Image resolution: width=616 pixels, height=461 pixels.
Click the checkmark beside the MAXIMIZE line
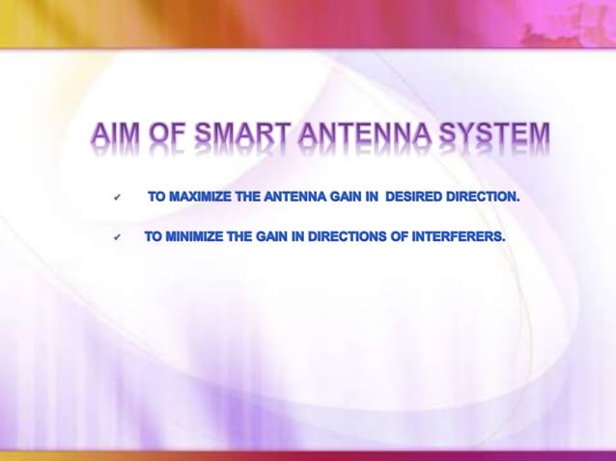(x=117, y=198)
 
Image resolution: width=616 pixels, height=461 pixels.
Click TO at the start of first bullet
(x=156, y=197)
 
